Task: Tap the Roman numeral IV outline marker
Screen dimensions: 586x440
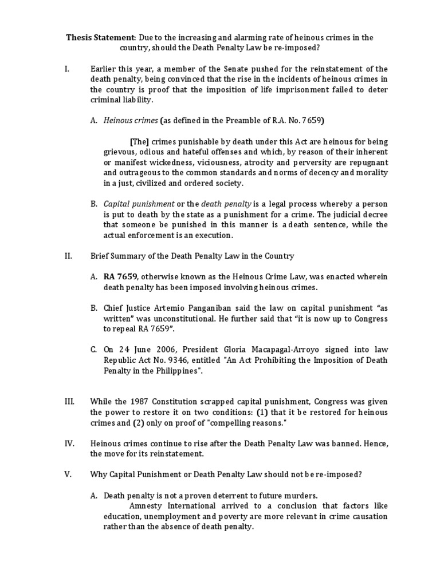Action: coord(69,443)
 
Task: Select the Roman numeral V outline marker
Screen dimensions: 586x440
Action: coord(68,475)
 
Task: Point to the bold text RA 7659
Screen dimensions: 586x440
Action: coord(120,276)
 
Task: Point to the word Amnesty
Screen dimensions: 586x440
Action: coord(146,506)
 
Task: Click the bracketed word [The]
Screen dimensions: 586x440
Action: coord(139,142)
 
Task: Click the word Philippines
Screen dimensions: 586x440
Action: coord(175,370)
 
